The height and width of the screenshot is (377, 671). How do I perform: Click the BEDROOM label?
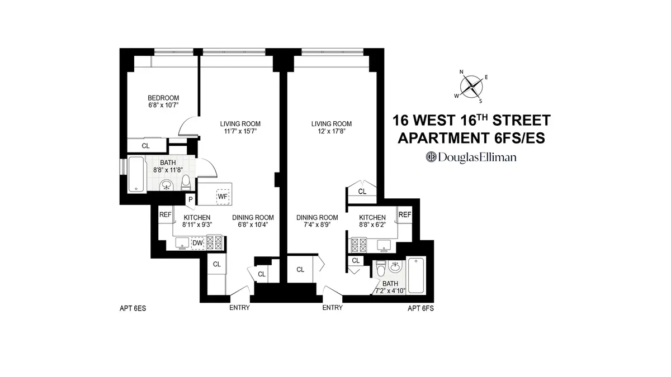(x=164, y=98)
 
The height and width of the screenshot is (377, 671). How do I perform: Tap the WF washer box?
(x=222, y=196)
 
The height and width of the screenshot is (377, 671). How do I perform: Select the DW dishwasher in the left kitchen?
(x=197, y=242)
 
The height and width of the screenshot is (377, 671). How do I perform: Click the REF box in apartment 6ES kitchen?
(x=165, y=214)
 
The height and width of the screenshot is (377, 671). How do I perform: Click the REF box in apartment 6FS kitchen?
(x=405, y=214)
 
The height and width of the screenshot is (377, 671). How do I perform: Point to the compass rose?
(x=471, y=85)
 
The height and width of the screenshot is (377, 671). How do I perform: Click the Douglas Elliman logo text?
(x=470, y=157)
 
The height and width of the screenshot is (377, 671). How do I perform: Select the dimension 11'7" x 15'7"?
(x=240, y=132)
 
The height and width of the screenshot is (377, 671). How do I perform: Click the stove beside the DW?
(x=215, y=242)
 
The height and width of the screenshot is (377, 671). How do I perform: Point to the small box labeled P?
(x=191, y=199)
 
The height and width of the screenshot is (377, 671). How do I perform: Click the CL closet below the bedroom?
(x=146, y=146)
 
